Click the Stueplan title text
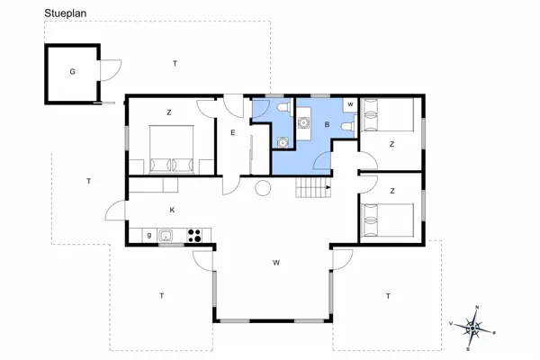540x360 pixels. click(x=65, y=13)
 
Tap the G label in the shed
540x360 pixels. click(x=72, y=72)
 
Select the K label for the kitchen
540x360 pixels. click(x=172, y=210)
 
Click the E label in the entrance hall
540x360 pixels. click(x=233, y=132)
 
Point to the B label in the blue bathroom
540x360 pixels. click(x=328, y=125)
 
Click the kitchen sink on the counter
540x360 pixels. click(x=166, y=236)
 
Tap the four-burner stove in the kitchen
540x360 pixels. click(x=194, y=236)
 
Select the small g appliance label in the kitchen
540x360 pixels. click(x=149, y=235)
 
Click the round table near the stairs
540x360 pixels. click(x=263, y=188)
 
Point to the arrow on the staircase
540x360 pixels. click(x=328, y=187)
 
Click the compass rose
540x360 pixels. click(x=472, y=328)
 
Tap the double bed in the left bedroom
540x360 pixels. click(x=171, y=150)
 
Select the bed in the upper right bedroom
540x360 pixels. click(x=387, y=114)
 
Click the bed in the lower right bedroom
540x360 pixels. click(x=387, y=220)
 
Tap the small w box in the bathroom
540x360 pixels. click(x=351, y=104)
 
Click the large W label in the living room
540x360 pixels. click(x=276, y=263)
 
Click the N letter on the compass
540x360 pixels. click(x=477, y=307)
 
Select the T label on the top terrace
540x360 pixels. click(x=175, y=63)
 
